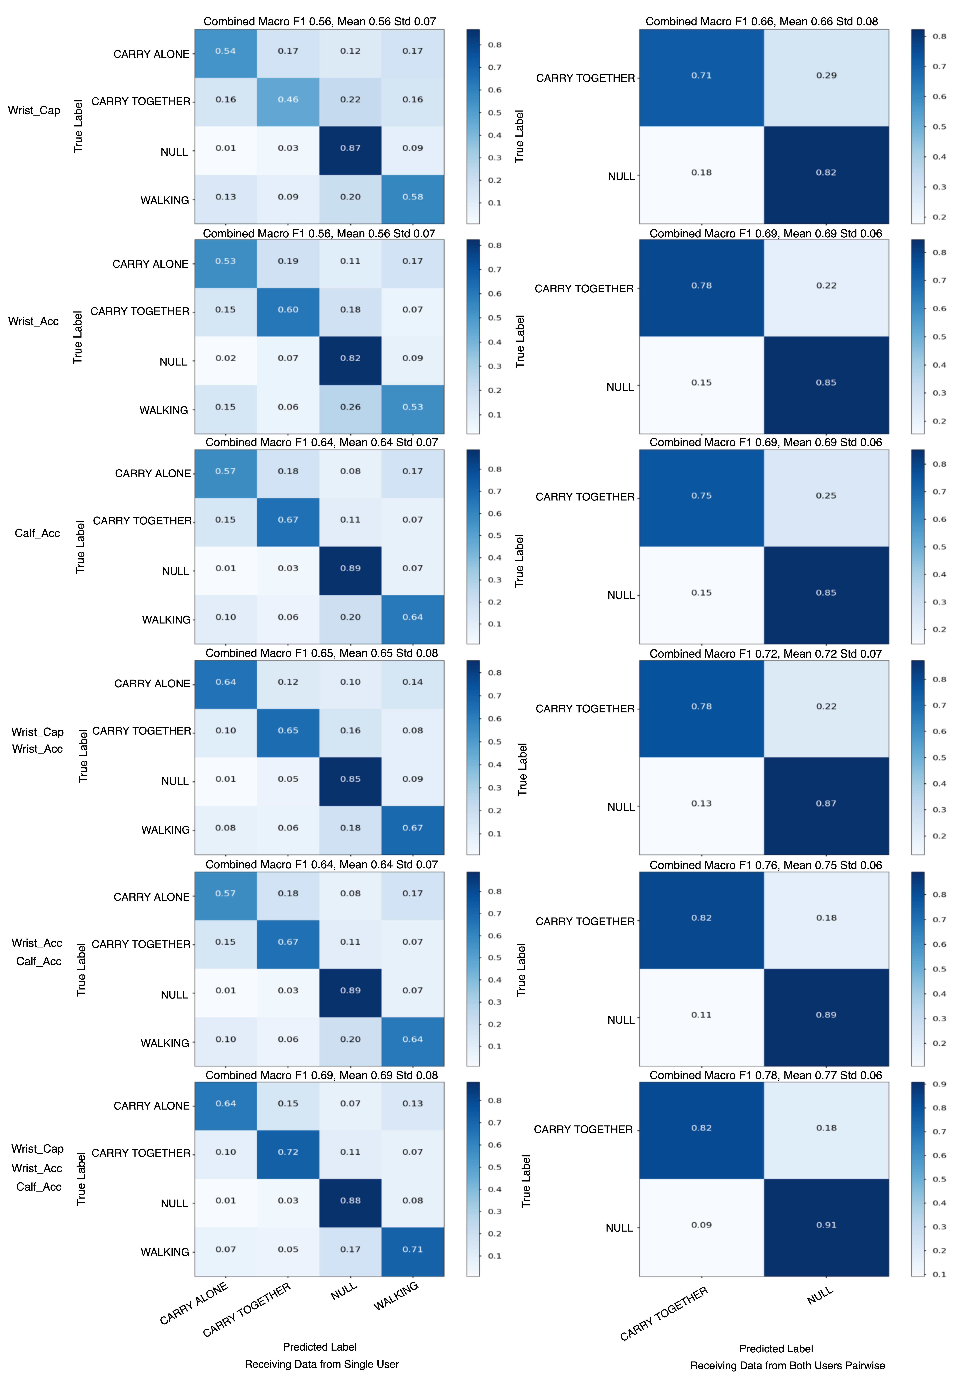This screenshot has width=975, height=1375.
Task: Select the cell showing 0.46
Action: coord(288,100)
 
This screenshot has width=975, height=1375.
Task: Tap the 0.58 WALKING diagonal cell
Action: coord(413,197)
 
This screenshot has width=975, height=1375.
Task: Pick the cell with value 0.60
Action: coord(288,310)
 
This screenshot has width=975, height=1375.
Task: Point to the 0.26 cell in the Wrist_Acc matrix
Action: coord(350,407)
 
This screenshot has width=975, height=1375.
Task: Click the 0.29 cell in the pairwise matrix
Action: coord(826,76)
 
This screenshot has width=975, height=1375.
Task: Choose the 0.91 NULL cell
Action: coord(826,1225)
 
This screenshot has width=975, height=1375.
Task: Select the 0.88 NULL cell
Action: coord(350,1200)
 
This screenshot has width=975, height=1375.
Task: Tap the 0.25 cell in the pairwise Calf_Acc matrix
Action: coord(826,496)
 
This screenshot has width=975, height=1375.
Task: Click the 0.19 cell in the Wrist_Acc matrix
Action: coord(288,261)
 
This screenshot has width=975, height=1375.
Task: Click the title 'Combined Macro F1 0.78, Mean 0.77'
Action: coord(766,1075)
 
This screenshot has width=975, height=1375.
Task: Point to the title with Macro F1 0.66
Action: coord(761,22)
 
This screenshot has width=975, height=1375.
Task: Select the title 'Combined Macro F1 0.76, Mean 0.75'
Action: coord(766,865)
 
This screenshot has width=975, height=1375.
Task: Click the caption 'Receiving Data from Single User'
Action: coord(322,1364)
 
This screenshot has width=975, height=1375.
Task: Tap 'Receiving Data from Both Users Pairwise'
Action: coord(787,1365)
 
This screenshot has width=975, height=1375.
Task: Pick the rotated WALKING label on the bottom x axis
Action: coord(396,1296)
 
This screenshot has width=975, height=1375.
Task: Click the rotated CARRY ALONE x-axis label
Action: coord(194,1302)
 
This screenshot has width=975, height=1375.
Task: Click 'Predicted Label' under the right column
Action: coord(776,1349)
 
